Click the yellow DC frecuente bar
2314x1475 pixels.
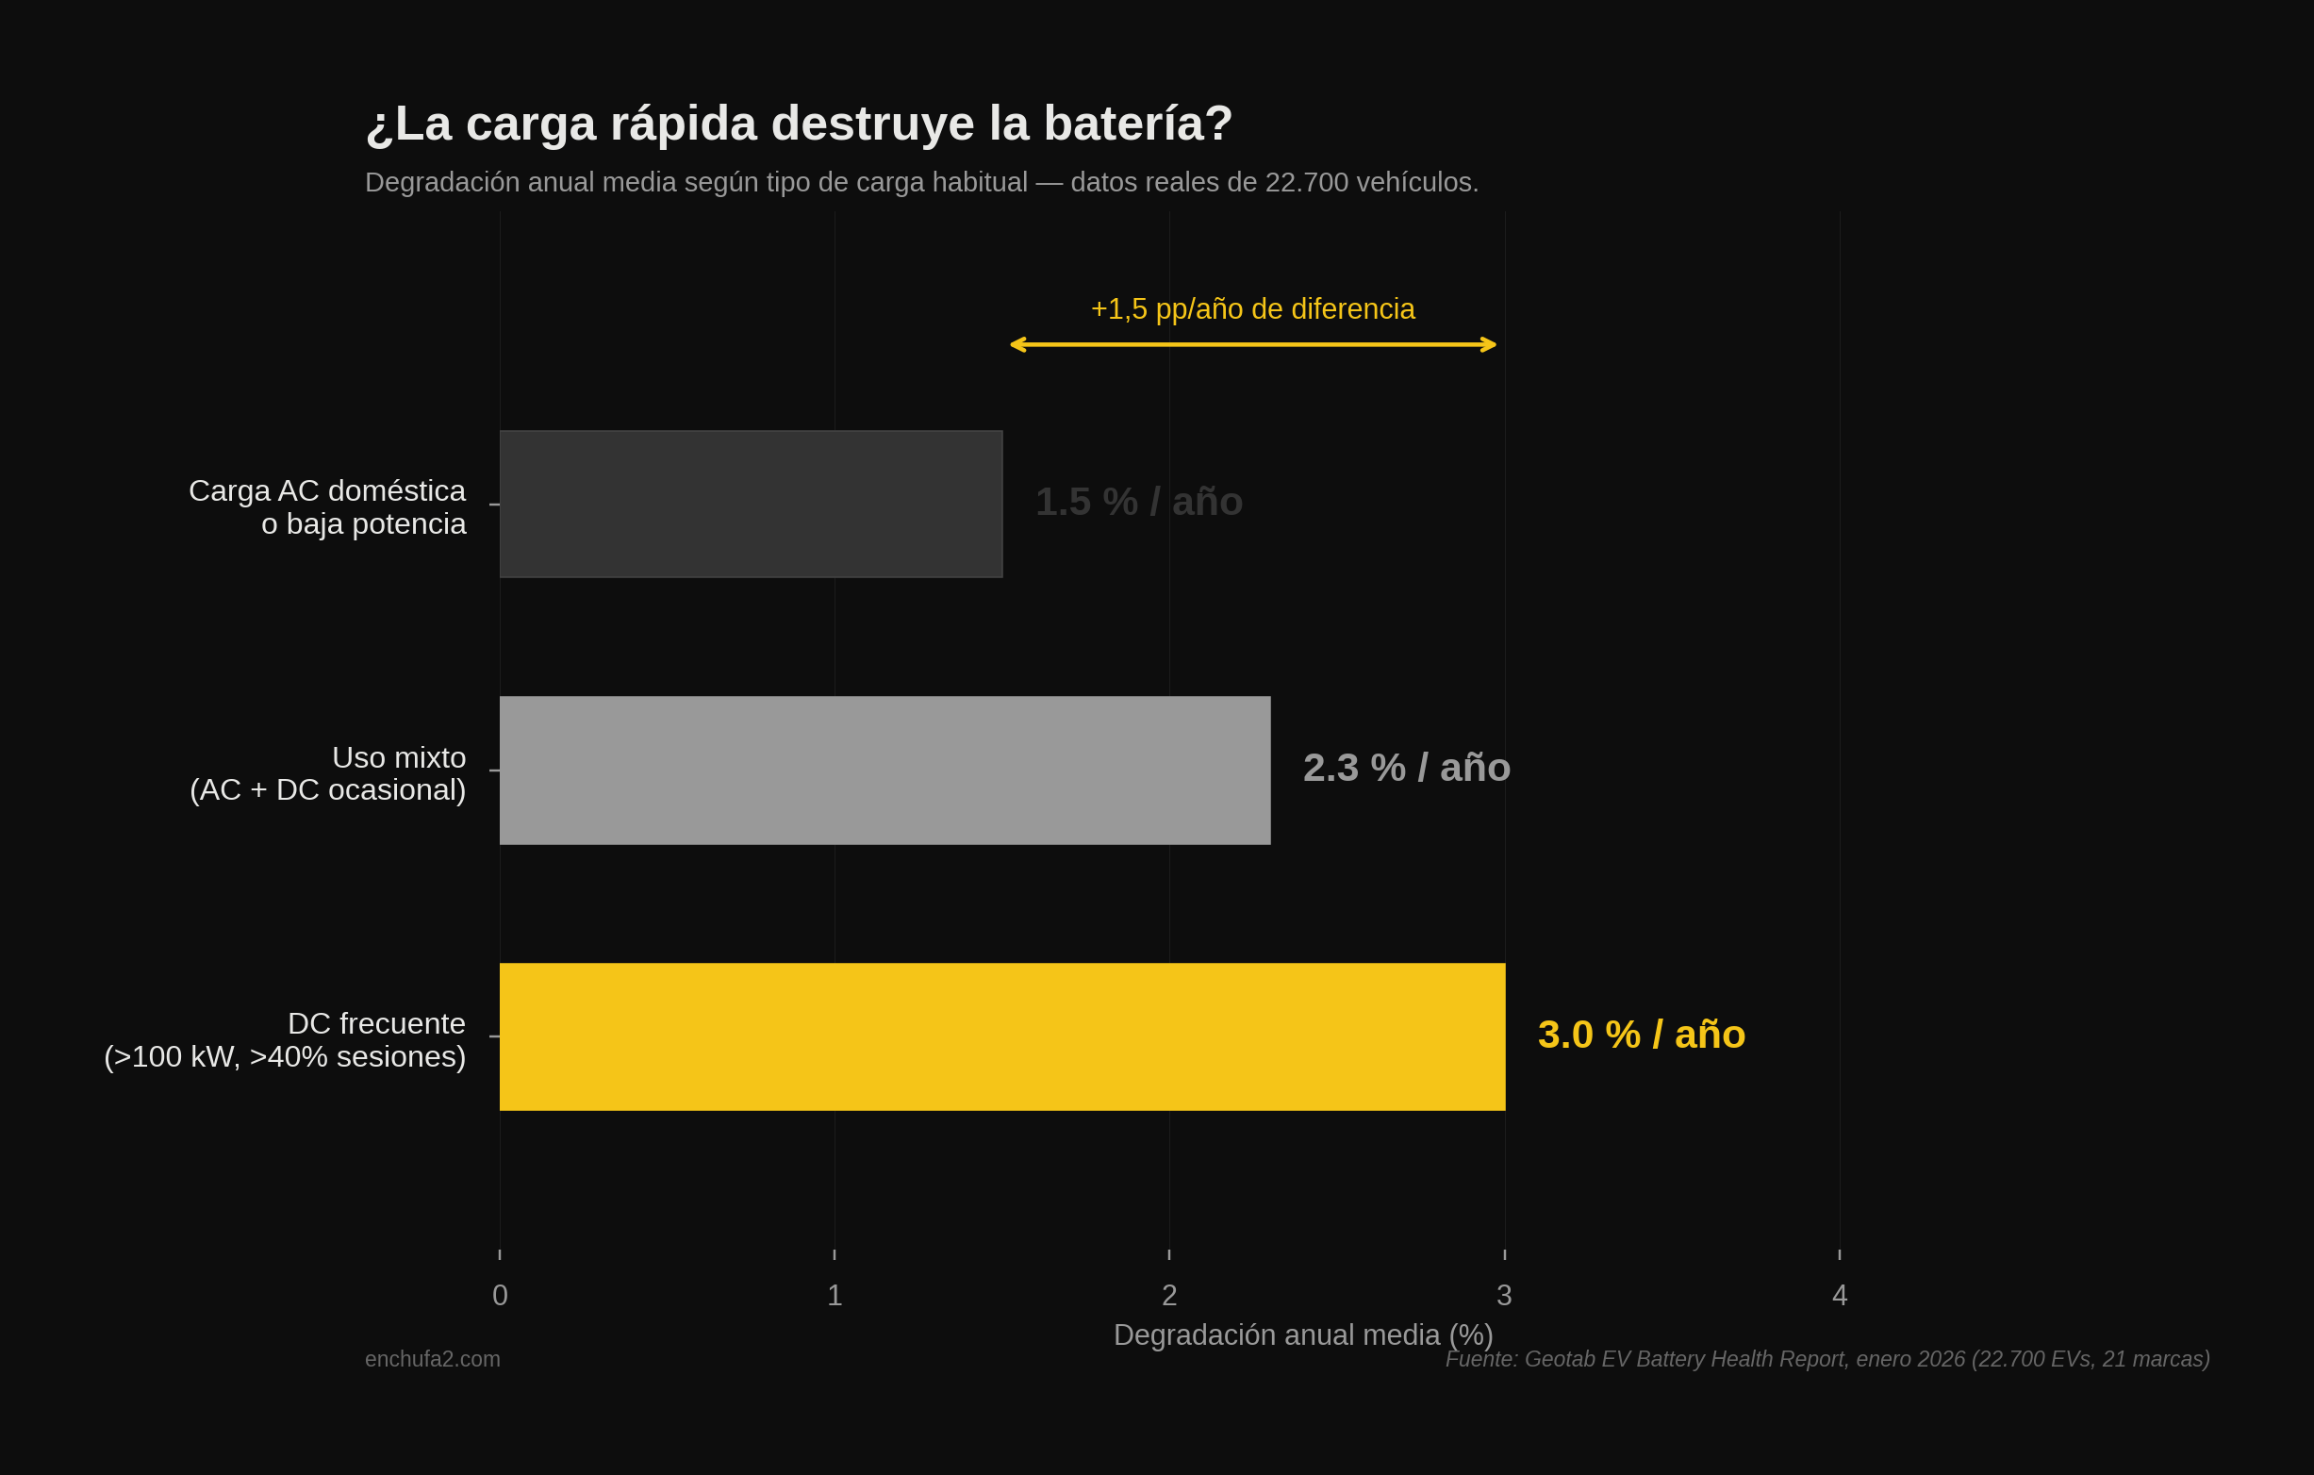click(x=1001, y=1036)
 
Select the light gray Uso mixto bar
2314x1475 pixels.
click(x=884, y=771)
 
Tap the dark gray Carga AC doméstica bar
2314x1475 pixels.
click(x=751, y=505)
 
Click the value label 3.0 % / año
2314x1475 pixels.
click(x=1641, y=1035)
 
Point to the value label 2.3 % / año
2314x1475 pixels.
click(x=1406, y=768)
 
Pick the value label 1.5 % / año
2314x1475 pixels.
click(x=1138, y=502)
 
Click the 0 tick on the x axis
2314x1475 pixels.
click(x=500, y=1295)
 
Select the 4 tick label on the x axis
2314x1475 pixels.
click(x=1840, y=1295)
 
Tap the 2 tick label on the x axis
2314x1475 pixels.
click(x=1169, y=1295)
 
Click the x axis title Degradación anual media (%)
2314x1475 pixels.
click(x=1303, y=1334)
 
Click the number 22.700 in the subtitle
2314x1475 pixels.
click(x=1306, y=183)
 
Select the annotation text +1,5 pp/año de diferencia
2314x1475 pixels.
click(x=1252, y=309)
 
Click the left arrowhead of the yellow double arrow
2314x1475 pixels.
click(x=1017, y=345)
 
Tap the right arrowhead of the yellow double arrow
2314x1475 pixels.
click(x=1490, y=345)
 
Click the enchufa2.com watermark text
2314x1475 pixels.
click(x=433, y=1359)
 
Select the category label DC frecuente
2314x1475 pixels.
click(x=376, y=1023)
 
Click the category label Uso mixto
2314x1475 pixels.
click(x=399, y=757)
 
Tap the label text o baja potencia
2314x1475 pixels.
click(x=363, y=524)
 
